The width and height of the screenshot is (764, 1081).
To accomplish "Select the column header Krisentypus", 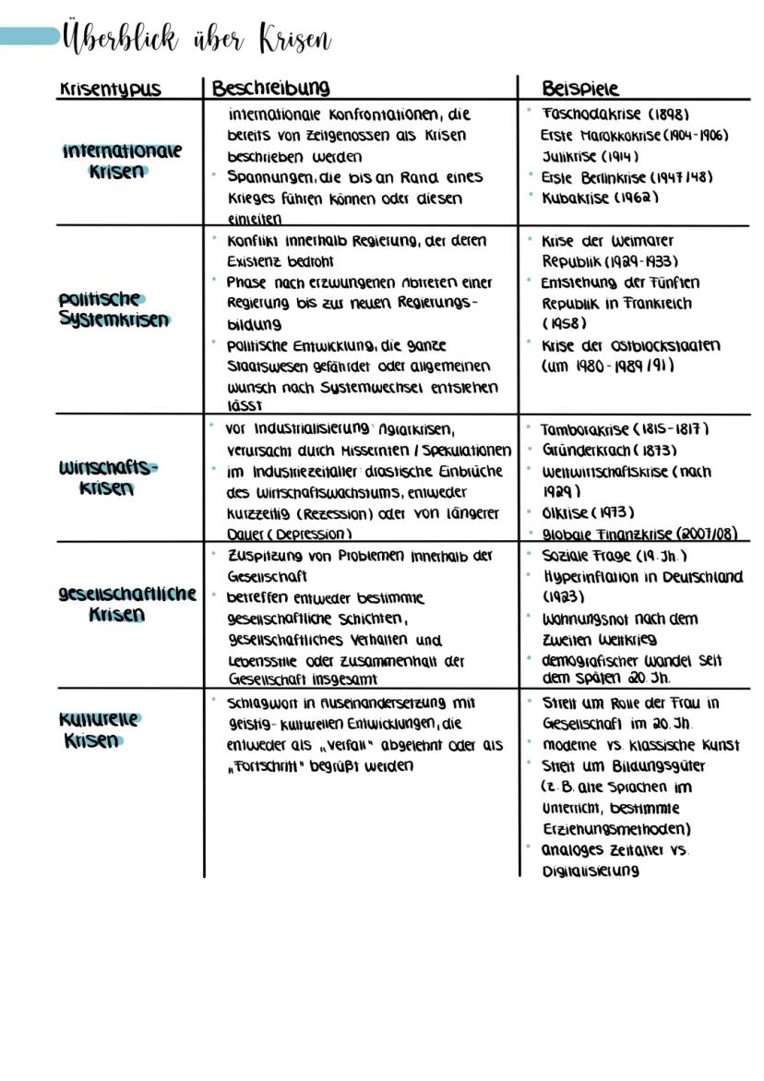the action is click(109, 89).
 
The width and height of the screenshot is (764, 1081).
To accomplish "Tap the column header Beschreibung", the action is click(270, 88).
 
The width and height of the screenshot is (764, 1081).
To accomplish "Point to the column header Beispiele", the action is click(580, 89).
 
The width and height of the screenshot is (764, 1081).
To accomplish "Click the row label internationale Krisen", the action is click(122, 161).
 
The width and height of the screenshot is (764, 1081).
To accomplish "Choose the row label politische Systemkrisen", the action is click(113, 309).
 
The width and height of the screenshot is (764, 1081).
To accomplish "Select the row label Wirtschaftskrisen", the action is click(108, 477).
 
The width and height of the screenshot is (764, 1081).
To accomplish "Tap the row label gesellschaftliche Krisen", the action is click(126, 604).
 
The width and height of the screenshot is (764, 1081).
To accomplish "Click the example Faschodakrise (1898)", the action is click(615, 114).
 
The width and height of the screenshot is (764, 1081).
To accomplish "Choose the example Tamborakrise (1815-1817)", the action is click(624, 429).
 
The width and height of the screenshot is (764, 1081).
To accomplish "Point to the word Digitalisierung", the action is click(591, 871).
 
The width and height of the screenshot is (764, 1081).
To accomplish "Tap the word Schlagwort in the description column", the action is click(261, 703).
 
